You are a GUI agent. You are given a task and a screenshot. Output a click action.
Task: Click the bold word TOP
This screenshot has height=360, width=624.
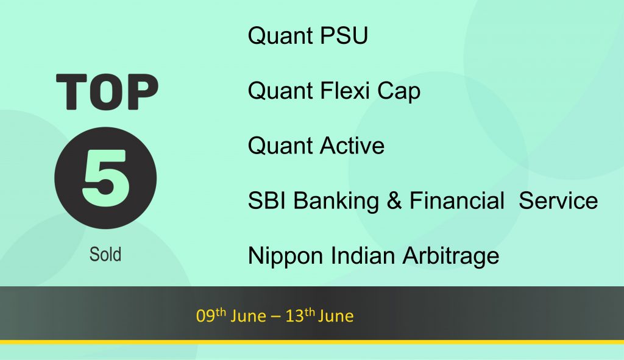(x=107, y=91)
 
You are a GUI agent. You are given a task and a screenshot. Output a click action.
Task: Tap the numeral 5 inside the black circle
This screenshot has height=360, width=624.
(x=106, y=178)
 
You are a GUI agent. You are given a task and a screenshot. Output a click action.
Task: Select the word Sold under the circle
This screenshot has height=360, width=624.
(x=105, y=254)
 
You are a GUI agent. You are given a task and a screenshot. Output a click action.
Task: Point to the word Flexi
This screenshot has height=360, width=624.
(x=345, y=90)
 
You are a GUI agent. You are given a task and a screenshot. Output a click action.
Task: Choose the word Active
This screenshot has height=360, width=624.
(x=352, y=145)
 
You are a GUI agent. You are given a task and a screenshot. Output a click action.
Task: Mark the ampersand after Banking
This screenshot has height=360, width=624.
(x=394, y=200)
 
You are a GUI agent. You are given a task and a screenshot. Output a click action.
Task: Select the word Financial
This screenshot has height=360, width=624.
(x=457, y=200)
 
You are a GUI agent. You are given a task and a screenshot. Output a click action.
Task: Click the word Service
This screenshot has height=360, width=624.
(x=558, y=200)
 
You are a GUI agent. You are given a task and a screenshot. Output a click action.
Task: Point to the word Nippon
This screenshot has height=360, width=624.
(x=285, y=256)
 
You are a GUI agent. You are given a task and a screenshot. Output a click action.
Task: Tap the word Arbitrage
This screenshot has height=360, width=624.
(x=451, y=256)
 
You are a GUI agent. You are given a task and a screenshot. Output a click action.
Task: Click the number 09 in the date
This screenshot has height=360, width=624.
(x=205, y=316)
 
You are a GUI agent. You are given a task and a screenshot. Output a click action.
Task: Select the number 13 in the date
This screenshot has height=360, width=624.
(x=295, y=316)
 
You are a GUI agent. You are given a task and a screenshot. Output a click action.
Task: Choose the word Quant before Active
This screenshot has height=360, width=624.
(x=280, y=145)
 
